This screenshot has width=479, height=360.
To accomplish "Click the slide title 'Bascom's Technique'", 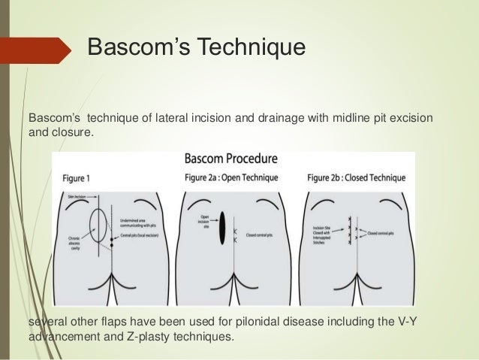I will point(197,48).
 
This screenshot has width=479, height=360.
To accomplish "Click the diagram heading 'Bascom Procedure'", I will point(231,159).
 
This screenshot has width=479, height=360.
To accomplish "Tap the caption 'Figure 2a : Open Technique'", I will point(231,178).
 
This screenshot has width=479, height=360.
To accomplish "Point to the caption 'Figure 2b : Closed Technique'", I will point(356,178).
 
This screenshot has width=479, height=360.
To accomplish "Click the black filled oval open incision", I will point(222,229).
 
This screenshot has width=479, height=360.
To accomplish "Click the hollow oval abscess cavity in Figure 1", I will point(97,225).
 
